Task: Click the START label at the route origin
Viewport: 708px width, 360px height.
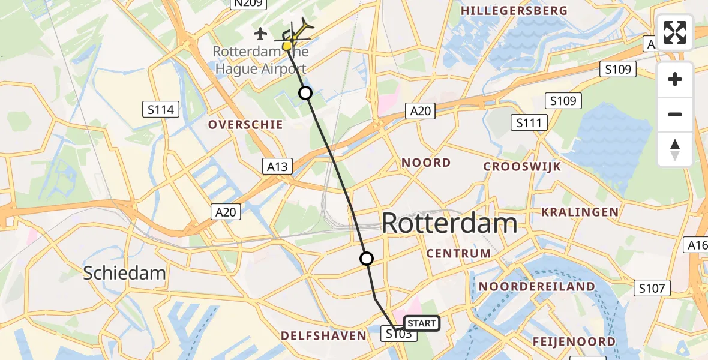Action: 422,323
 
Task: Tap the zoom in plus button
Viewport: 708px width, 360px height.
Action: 675,79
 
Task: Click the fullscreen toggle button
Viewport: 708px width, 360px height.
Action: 675,32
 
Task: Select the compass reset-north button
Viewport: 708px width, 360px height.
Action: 675,149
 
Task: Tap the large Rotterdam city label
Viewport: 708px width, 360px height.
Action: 449,224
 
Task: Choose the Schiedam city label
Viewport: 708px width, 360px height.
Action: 124,273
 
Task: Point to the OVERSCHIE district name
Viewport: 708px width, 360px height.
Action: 245,125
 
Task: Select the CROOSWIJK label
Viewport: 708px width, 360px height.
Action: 522,166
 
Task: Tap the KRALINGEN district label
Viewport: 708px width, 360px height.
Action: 580,212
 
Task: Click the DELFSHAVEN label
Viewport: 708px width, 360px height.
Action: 323,335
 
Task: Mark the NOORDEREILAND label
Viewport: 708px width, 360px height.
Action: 536,287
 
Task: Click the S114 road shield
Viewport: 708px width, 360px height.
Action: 161,109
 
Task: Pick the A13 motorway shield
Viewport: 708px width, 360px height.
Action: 277,167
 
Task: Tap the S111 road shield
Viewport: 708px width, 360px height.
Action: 529,124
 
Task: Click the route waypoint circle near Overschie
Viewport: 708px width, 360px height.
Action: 305,93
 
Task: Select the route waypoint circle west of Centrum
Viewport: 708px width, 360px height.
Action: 366,259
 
